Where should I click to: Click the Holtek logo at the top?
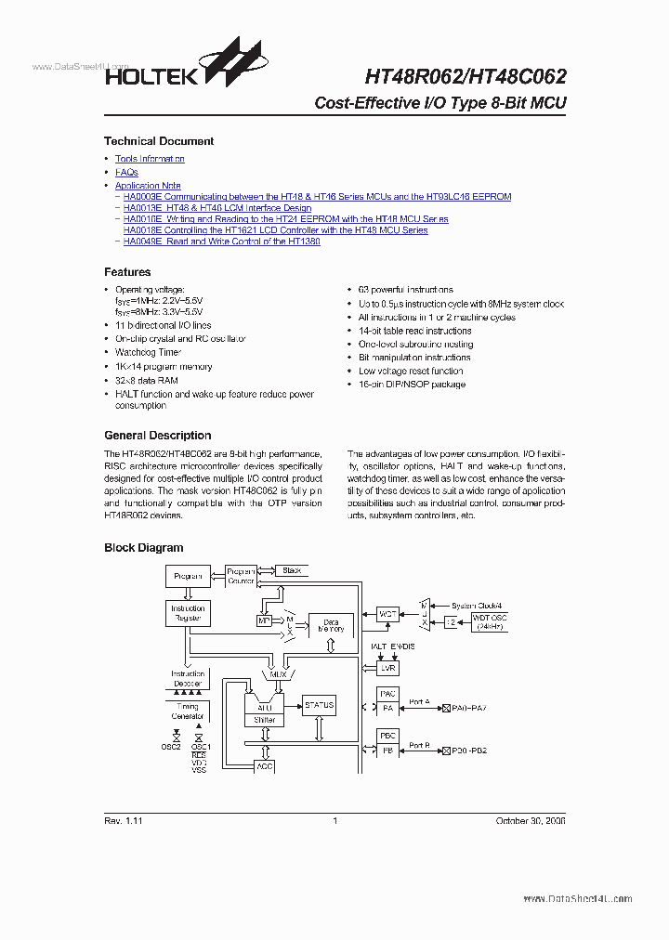[x=177, y=64]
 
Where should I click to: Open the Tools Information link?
[x=150, y=159]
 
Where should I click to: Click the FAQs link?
[x=126, y=173]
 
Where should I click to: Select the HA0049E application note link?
[x=234, y=242]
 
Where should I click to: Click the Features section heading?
[x=127, y=272]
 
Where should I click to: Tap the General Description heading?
[x=157, y=436]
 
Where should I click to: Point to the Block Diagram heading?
[x=143, y=548]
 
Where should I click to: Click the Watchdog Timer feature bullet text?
[x=148, y=353]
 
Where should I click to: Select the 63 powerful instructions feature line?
[x=406, y=291]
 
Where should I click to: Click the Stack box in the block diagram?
[x=292, y=570]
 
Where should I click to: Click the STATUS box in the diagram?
[x=319, y=706]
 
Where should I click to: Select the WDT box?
[x=387, y=614]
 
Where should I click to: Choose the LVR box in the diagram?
[x=387, y=668]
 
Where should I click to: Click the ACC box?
[x=265, y=766]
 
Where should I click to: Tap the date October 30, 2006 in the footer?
[x=531, y=821]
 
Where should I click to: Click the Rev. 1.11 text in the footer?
[x=123, y=821]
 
